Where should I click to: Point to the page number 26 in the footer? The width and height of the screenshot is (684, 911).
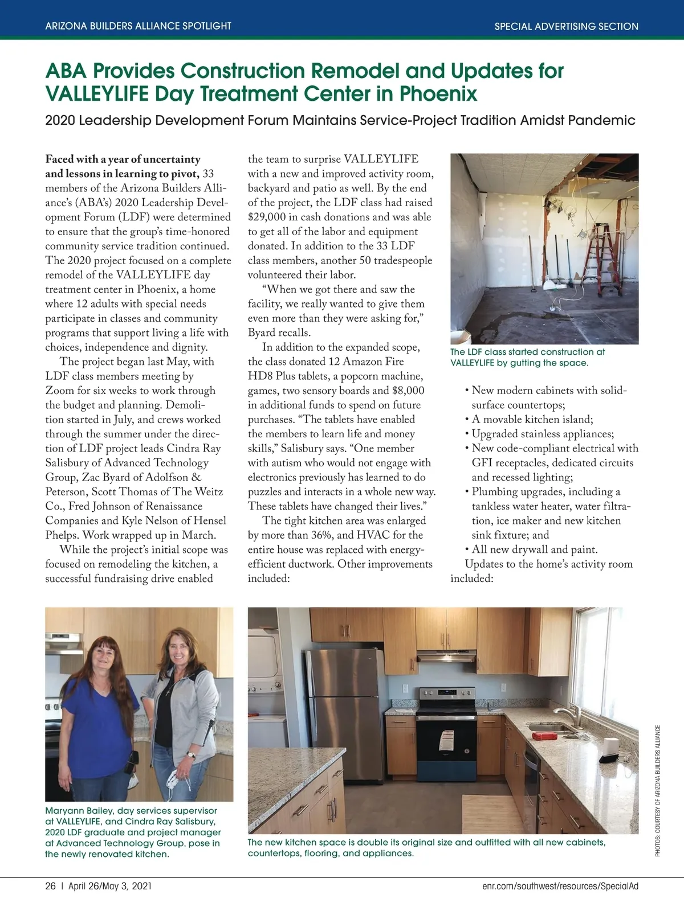(x=51, y=887)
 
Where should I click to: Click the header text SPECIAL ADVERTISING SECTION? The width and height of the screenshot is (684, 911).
(x=566, y=26)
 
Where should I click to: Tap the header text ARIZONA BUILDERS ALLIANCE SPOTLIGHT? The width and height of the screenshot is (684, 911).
(x=138, y=26)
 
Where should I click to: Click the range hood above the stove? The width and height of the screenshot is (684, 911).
(x=446, y=658)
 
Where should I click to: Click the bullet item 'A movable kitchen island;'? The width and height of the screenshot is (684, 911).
(x=532, y=420)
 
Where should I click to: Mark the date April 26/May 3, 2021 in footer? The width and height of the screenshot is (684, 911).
(x=110, y=887)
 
